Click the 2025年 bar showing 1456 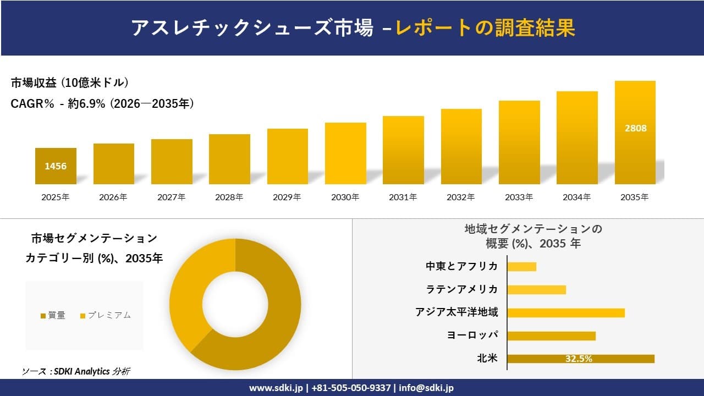point(56,166)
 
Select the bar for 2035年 point(635,133)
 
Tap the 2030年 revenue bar point(345,153)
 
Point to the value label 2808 point(635,128)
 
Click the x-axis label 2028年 point(229,197)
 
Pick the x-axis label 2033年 point(519,197)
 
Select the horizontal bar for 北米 point(580,359)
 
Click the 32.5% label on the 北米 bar point(579,359)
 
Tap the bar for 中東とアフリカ point(521,266)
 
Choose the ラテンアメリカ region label point(462,289)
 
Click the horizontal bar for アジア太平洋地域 point(565,312)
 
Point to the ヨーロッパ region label point(472,335)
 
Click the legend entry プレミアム point(109,315)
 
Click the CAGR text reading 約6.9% point(86,104)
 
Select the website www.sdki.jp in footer point(277,388)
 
